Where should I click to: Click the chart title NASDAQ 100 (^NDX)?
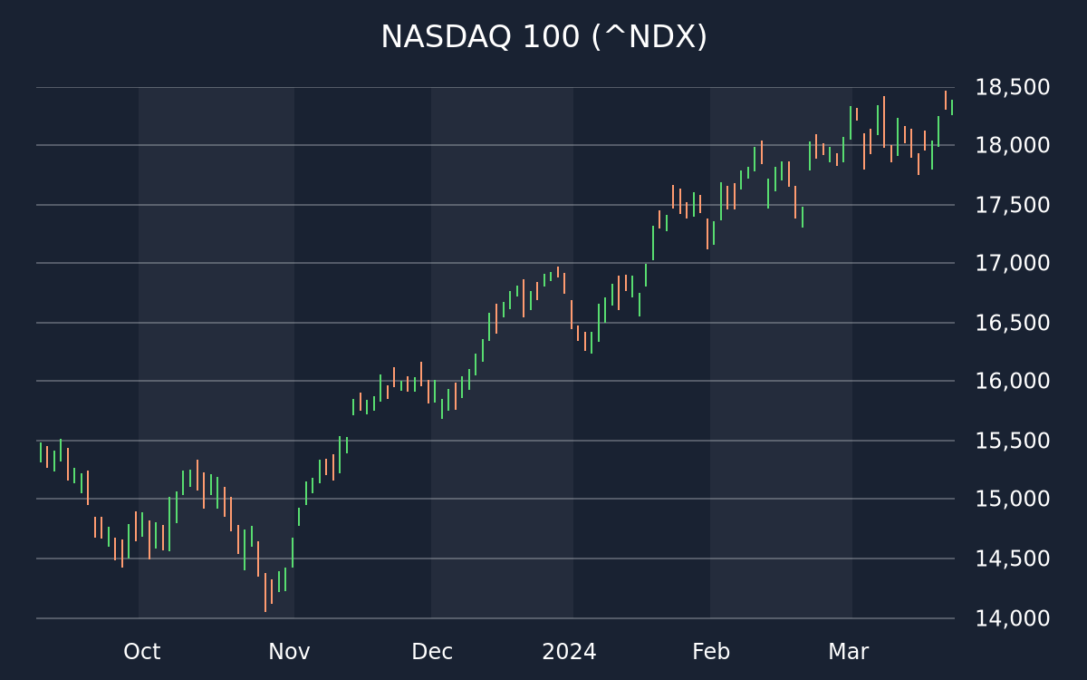pyautogui.click(x=543, y=37)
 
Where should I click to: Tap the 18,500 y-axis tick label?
pyautogui.click(x=1013, y=87)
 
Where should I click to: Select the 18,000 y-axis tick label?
pyautogui.click(x=1013, y=145)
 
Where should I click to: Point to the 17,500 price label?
pyautogui.click(x=1013, y=205)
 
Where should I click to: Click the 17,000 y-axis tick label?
pyautogui.click(x=1013, y=263)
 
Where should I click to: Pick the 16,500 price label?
pyautogui.click(x=1013, y=323)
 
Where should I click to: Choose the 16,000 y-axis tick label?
pyautogui.click(x=1013, y=381)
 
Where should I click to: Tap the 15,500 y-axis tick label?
pyautogui.click(x=1013, y=441)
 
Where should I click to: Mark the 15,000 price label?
pyautogui.click(x=1013, y=499)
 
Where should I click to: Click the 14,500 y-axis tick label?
pyautogui.click(x=1013, y=559)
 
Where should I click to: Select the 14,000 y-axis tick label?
pyautogui.click(x=1013, y=618)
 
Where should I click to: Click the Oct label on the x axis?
pyautogui.click(x=141, y=652)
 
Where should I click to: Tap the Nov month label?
pyautogui.click(x=289, y=652)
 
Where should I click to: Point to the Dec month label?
pyautogui.click(x=432, y=652)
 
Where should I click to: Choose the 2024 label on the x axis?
pyautogui.click(x=569, y=652)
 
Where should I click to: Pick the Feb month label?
pyautogui.click(x=711, y=652)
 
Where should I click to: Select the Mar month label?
pyautogui.click(x=848, y=652)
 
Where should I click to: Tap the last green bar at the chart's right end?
pyautogui.click(x=952, y=107)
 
